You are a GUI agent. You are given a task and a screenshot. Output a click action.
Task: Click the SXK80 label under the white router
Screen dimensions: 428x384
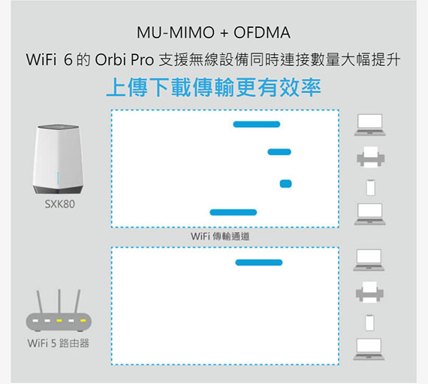click(60, 204)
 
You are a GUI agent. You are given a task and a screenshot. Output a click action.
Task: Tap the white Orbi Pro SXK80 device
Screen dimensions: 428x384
click(58, 159)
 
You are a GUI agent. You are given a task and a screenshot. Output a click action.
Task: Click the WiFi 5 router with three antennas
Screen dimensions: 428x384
click(59, 311)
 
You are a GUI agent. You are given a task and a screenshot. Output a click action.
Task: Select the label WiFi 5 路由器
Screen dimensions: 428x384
click(59, 343)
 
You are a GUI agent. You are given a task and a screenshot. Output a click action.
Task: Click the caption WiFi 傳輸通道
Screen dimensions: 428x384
click(220, 236)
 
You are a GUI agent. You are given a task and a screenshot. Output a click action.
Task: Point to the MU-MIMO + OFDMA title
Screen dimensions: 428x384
click(213, 32)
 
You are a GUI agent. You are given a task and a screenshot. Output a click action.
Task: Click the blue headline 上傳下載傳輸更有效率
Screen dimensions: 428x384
click(213, 87)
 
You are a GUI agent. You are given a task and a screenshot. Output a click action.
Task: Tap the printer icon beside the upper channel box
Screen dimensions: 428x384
click(371, 157)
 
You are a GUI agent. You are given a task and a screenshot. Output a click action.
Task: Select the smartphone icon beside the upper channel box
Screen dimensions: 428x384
click(370, 188)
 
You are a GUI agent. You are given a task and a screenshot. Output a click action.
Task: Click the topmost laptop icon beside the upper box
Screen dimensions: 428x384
click(370, 125)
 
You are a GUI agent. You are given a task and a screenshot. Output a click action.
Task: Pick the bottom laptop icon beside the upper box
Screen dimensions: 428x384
click(370, 214)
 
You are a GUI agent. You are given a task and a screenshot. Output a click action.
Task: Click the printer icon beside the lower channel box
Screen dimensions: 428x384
click(369, 292)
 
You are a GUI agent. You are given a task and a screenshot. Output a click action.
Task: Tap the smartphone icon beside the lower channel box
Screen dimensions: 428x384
click(369, 322)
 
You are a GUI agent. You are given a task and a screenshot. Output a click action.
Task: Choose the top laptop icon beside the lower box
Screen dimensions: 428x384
click(369, 260)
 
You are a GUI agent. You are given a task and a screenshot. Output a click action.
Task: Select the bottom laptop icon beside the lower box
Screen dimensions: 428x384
click(369, 349)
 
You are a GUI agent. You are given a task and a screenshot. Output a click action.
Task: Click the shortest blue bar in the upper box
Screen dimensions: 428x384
click(286, 183)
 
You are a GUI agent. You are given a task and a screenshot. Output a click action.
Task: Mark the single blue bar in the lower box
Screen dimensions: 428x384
click(259, 262)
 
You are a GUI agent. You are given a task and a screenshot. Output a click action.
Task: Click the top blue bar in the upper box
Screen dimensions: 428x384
click(257, 124)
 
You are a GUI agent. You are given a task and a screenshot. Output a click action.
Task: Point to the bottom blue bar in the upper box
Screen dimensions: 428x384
click(233, 212)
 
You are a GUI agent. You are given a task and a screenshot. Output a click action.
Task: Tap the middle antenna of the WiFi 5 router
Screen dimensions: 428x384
click(59, 301)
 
